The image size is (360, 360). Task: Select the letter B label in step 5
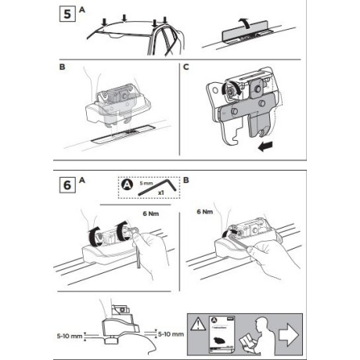pyautogui.click(x=63, y=68)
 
